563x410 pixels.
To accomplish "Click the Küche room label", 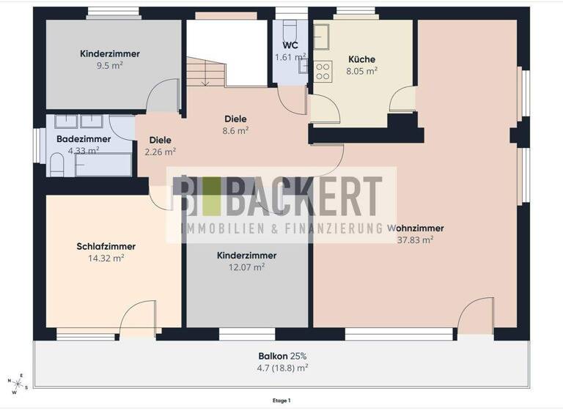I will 362,59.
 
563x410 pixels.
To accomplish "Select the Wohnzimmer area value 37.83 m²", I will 415,239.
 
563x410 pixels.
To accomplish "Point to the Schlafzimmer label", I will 106,247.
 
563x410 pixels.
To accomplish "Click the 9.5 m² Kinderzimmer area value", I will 110,65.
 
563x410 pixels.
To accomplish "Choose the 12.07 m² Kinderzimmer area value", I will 246,267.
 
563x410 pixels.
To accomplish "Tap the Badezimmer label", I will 84,139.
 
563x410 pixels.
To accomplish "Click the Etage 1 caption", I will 281,400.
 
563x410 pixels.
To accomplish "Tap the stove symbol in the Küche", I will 323,71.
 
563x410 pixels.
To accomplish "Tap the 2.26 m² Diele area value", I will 160,152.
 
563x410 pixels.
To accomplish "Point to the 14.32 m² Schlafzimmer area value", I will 106,258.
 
